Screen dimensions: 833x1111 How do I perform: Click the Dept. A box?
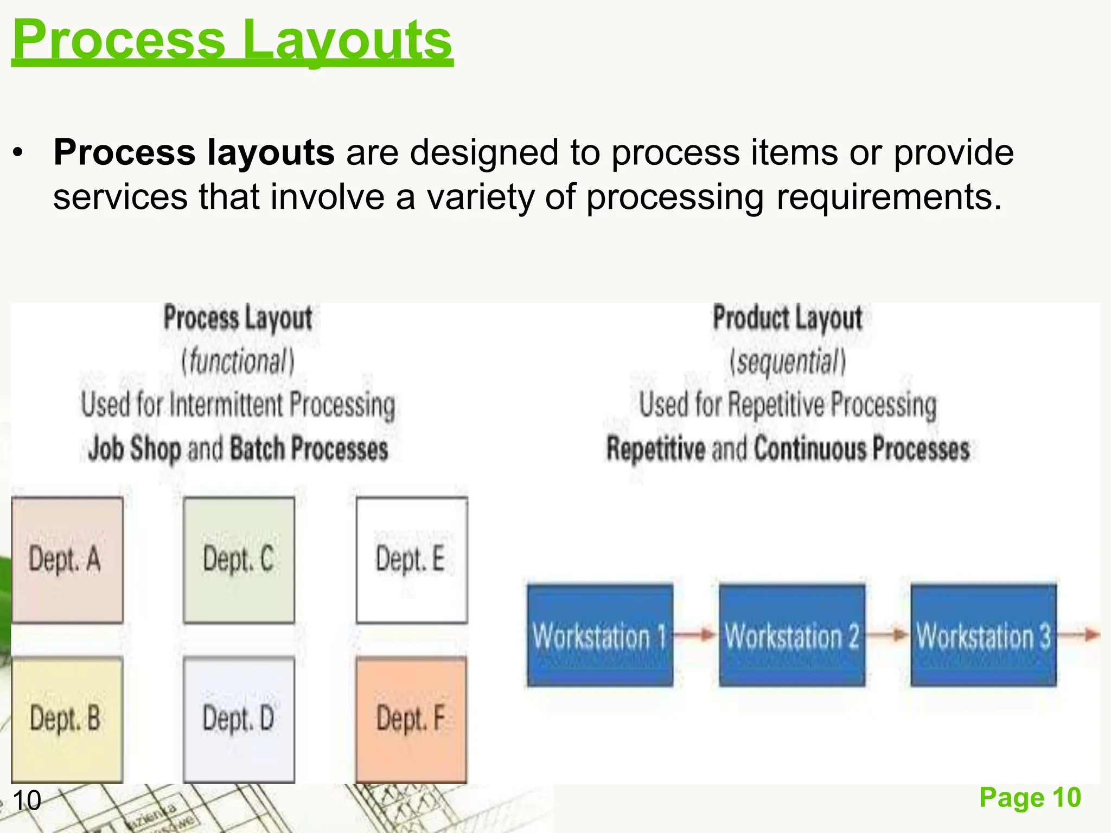coord(67,560)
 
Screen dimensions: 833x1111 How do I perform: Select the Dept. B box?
coord(67,719)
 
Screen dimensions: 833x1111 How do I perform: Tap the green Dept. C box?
coord(239,560)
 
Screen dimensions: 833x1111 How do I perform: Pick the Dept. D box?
coord(239,719)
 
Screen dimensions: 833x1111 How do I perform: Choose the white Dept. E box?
coord(411,560)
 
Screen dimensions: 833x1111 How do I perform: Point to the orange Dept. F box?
coord(411,719)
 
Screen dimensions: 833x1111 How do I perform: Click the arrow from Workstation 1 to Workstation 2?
coord(696,634)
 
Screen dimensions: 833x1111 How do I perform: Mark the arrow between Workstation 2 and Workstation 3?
coord(887,634)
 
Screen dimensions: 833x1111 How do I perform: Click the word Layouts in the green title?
coord(347,41)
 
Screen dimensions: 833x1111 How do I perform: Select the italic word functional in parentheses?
coord(238,362)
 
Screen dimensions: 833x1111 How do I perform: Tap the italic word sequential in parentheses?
coord(788,362)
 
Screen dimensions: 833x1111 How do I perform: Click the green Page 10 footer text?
coord(1030,798)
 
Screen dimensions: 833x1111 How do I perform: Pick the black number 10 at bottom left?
coord(27,800)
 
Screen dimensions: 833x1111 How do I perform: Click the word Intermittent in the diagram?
coord(226,405)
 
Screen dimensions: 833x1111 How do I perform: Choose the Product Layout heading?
coord(787,318)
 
